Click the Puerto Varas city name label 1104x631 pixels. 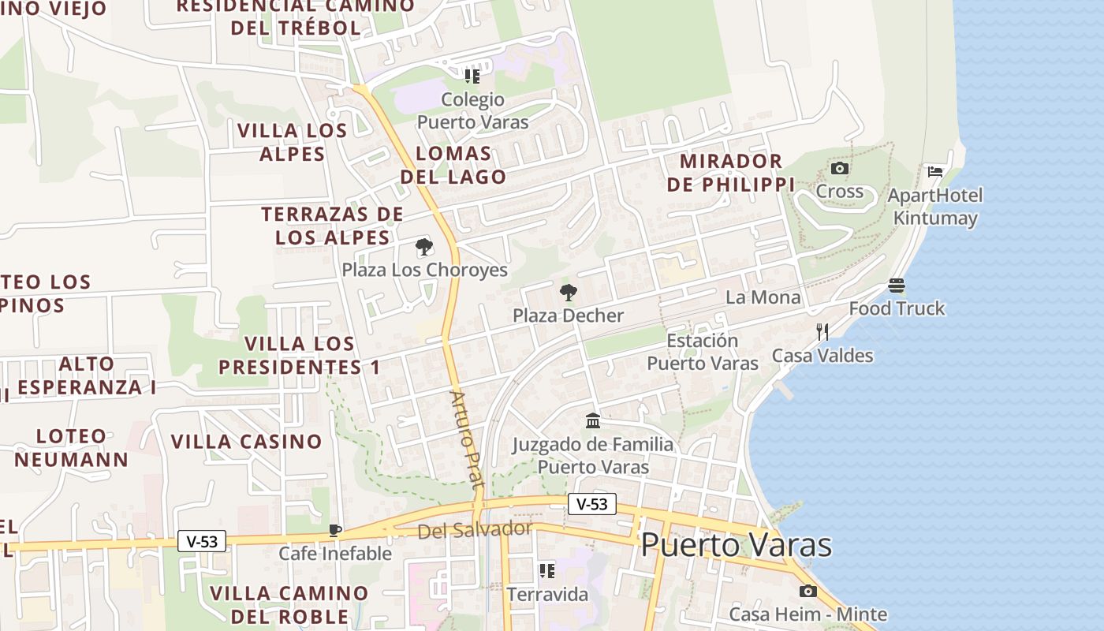(x=736, y=545)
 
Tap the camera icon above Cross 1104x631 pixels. (x=840, y=168)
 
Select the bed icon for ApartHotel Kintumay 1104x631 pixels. (x=935, y=171)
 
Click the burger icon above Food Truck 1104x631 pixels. (x=897, y=285)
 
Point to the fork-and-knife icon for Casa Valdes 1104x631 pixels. (x=822, y=331)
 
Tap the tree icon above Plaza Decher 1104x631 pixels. (x=568, y=293)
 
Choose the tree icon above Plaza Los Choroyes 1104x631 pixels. (x=424, y=247)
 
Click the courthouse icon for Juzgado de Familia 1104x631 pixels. (x=593, y=420)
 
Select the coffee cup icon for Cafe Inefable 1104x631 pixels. (x=335, y=530)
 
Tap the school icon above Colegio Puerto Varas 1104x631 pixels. (x=472, y=76)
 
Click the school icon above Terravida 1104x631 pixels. (x=547, y=570)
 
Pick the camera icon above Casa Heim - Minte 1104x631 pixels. (x=807, y=591)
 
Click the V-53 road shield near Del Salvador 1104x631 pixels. (x=591, y=504)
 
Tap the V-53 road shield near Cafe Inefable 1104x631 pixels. (x=202, y=541)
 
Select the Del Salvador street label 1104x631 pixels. (x=475, y=530)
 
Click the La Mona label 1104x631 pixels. (x=763, y=297)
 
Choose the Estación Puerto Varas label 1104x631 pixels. (x=703, y=352)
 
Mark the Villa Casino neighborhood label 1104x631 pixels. (x=247, y=442)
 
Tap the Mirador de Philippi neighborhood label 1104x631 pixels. (x=730, y=173)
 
